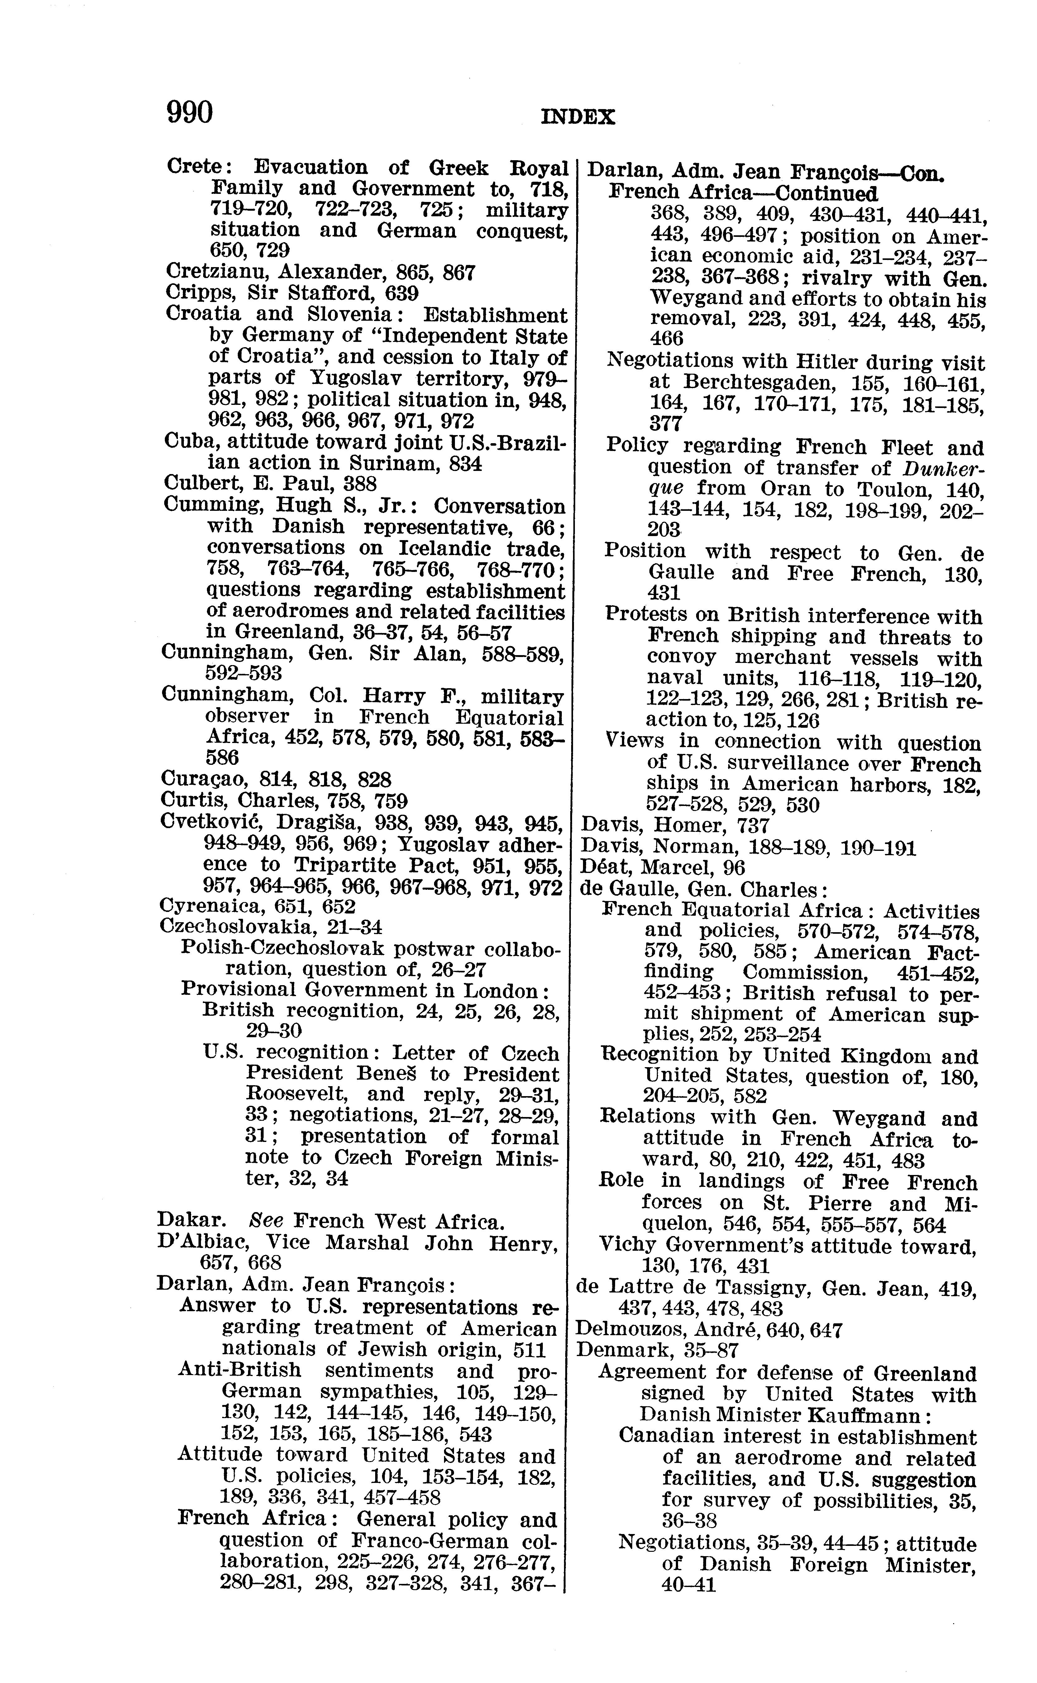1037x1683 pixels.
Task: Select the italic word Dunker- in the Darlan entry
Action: tap(943, 468)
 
